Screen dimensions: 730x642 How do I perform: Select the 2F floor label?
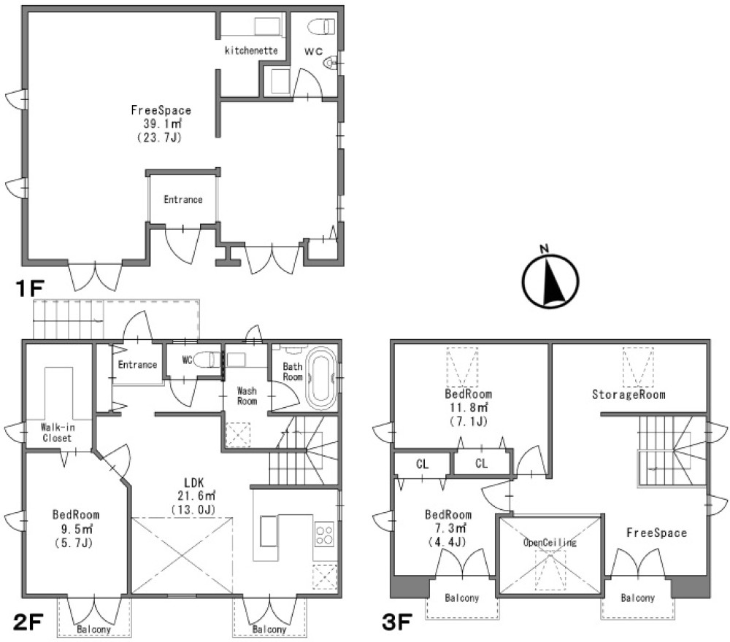click(x=28, y=622)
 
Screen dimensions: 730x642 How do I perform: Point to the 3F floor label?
click(x=397, y=622)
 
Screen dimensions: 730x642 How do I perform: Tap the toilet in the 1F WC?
click(x=322, y=26)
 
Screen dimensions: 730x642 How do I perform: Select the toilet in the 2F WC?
click(x=207, y=360)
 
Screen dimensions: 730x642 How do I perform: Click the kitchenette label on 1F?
click(x=251, y=50)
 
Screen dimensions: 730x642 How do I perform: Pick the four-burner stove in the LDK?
click(x=325, y=534)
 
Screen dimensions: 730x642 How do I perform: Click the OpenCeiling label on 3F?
click(x=550, y=543)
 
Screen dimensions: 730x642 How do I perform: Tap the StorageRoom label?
click(x=629, y=395)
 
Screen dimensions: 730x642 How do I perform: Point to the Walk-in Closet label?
click(x=57, y=433)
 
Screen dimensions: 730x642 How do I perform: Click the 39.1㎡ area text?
click(x=162, y=124)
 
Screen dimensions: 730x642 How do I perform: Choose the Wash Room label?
click(x=247, y=396)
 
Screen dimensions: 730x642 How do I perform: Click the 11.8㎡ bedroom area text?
click(x=469, y=408)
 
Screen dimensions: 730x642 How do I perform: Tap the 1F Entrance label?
click(x=183, y=200)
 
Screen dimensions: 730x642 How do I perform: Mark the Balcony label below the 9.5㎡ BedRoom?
click(x=94, y=630)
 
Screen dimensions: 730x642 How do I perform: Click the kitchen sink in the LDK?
click(x=269, y=531)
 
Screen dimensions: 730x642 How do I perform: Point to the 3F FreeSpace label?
click(x=656, y=533)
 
